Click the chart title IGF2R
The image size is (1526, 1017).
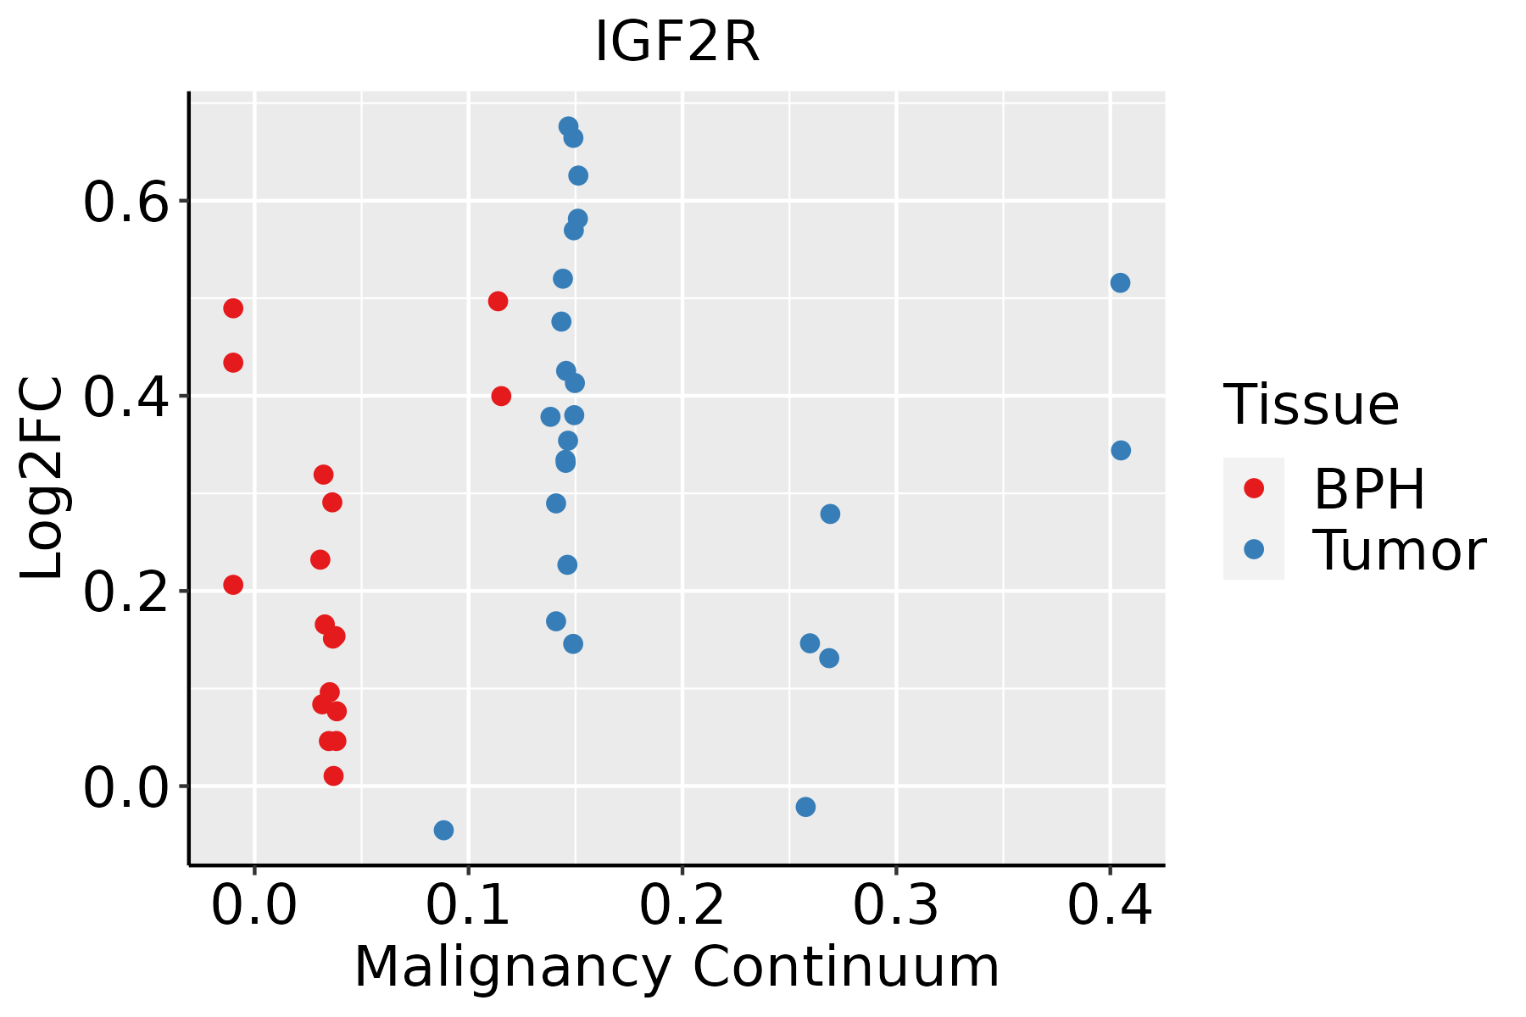(677, 42)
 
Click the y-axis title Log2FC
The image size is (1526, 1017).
(42, 479)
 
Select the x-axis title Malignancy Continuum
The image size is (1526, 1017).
(677, 968)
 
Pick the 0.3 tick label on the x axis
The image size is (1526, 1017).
(895, 905)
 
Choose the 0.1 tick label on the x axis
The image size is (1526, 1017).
(468, 905)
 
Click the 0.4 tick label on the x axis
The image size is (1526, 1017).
(1109, 905)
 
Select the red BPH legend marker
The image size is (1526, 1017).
(1253, 488)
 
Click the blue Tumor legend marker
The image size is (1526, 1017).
(1253, 549)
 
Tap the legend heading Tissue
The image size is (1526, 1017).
(1311, 405)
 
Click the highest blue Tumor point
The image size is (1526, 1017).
(568, 126)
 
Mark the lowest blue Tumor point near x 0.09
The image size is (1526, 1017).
(443, 830)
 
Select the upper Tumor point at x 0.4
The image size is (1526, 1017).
(1120, 282)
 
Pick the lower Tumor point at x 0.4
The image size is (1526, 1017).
(1121, 450)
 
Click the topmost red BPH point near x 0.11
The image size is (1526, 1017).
(498, 301)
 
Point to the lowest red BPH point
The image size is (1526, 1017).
(333, 775)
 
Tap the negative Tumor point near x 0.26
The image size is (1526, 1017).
(805, 807)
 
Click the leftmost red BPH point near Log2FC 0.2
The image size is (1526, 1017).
(233, 585)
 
